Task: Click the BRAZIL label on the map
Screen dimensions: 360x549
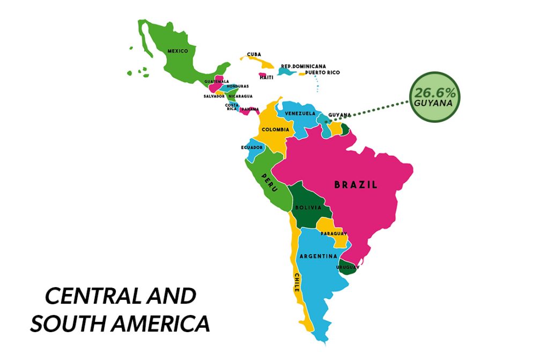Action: pos(355,185)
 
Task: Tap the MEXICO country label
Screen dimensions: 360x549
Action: pos(177,51)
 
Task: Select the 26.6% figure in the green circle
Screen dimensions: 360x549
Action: pos(434,92)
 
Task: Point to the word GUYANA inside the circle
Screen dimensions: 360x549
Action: pos(434,102)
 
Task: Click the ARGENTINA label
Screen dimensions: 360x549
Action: pos(318,256)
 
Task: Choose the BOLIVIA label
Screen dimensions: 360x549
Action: pos(308,207)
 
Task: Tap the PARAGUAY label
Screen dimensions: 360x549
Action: pos(334,233)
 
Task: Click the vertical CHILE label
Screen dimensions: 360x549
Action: pos(296,282)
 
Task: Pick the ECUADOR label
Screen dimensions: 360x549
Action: pos(252,147)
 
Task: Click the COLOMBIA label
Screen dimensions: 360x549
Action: pos(276,129)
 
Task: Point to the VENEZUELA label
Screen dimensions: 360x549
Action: pos(300,114)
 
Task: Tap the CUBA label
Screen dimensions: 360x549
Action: pos(254,54)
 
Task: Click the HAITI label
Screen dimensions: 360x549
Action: pos(266,77)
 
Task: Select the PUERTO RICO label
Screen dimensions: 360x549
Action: pos(322,72)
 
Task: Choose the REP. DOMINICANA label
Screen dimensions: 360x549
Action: pos(303,67)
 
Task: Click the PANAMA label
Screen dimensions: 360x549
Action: pos(249,109)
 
